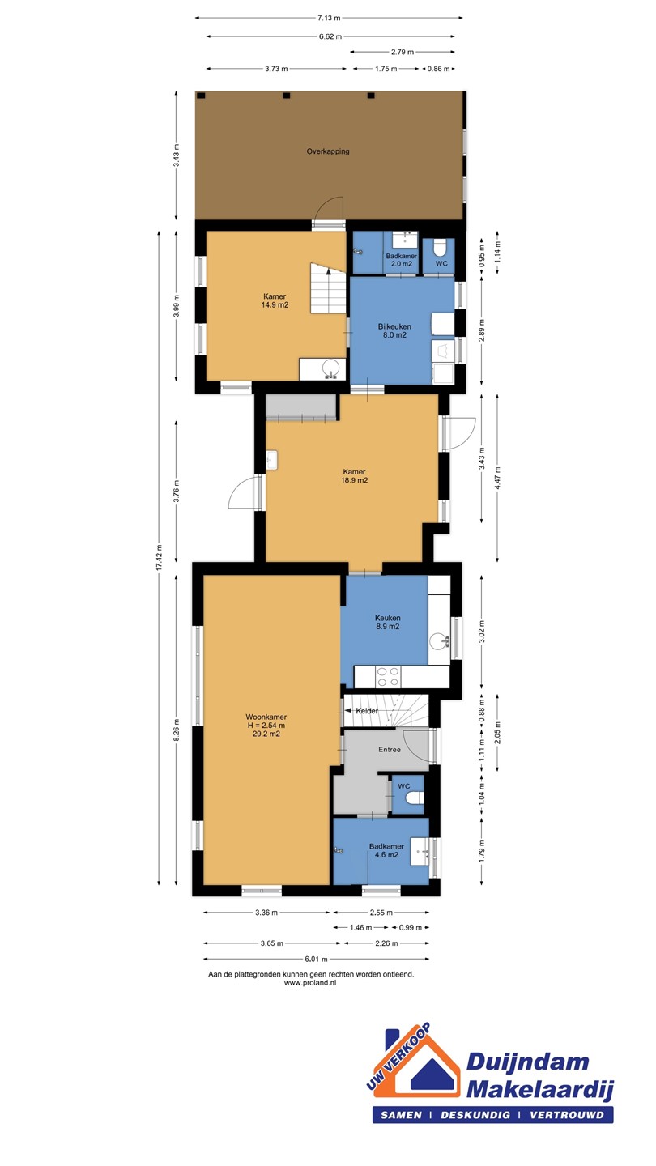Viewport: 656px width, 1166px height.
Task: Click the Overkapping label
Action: tap(327, 151)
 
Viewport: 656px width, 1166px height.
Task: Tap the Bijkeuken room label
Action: tap(394, 326)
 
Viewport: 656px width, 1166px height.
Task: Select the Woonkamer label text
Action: tap(266, 717)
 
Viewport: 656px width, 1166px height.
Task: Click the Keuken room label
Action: tap(388, 618)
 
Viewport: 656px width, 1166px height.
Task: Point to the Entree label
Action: tap(390, 750)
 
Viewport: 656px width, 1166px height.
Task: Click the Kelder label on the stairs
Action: tap(367, 711)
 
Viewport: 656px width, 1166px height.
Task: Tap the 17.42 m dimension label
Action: tap(160, 557)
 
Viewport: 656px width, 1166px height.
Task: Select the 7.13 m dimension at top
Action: tap(329, 18)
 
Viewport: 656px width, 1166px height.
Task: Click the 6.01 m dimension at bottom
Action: tap(317, 959)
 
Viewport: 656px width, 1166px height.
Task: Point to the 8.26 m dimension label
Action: tap(177, 730)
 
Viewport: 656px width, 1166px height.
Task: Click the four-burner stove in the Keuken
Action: tap(389, 677)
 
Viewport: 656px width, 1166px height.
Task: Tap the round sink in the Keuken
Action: tap(440, 641)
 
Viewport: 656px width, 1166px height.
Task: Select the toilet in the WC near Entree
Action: tap(416, 797)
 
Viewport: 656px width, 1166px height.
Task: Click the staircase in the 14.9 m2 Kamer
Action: tap(329, 288)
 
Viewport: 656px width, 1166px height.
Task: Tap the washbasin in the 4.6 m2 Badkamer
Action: tap(420, 852)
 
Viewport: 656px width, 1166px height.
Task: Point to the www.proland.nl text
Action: tap(310, 983)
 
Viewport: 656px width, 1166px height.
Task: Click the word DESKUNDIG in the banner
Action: tap(475, 1115)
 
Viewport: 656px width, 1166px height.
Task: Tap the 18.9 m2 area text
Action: tap(355, 480)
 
